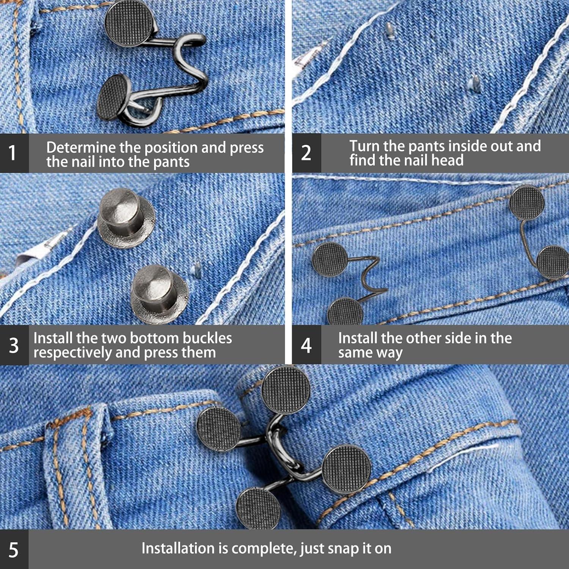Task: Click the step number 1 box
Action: coord(13,153)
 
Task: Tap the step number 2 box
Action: coord(307,153)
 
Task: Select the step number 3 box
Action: coord(14,345)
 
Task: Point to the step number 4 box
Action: coord(307,345)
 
